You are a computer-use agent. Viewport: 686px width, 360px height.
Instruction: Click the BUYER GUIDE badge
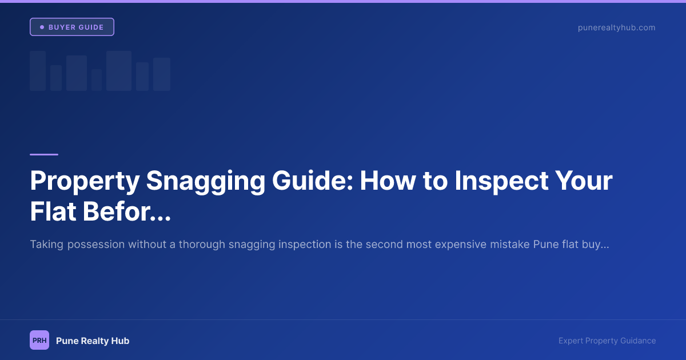click(x=72, y=27)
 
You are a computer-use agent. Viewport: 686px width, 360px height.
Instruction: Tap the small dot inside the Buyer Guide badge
click(x=42, y=27)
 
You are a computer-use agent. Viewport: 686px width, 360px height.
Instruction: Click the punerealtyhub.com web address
click(x=616, y=27)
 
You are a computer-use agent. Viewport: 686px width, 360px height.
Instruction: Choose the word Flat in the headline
click(x=53, y=212)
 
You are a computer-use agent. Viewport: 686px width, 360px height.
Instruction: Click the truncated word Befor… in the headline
click(x=126, y=212)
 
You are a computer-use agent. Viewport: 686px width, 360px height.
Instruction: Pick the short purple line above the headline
click(x=44, y=154)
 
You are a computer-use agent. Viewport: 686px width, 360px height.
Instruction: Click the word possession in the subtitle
click(x=96, y=245)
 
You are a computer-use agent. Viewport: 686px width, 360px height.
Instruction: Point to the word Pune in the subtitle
click(x=546, y=245)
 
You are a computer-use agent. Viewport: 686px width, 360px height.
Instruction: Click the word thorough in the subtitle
click(x=202, y=245)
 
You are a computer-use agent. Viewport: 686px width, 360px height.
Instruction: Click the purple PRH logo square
click(x=39, y=341)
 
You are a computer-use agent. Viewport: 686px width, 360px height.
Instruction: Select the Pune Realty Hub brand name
click(x=93, y=341)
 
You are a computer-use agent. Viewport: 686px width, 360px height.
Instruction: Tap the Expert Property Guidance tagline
click(x=607, y=341)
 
